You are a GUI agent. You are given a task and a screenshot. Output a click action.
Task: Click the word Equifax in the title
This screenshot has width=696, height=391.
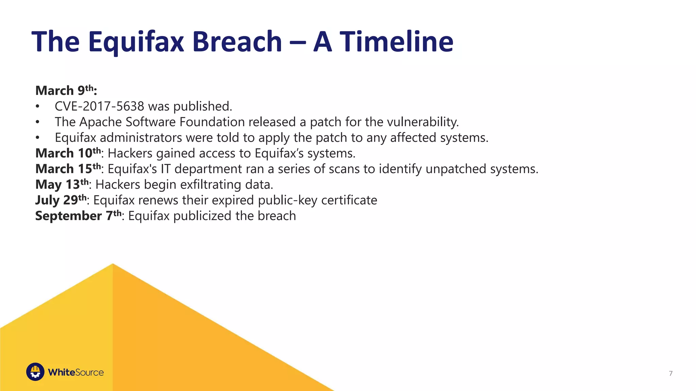[136, 42]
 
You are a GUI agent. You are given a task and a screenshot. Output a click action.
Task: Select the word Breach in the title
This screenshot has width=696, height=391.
[237, 42]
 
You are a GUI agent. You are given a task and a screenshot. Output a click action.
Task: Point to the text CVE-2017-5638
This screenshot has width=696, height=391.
[100, 107]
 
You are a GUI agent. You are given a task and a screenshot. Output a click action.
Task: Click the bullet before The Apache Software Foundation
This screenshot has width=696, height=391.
[38, 122]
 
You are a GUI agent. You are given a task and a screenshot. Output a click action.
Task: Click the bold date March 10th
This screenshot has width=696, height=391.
[68, 153]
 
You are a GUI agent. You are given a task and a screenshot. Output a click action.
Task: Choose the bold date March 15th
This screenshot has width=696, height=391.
[68, 169]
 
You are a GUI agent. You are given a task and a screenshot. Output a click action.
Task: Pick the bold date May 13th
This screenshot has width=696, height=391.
[62, 184]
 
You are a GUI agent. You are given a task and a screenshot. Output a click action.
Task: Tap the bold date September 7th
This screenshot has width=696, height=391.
[78, 216]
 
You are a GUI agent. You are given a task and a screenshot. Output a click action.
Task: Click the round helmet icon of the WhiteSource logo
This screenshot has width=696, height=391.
[35, 372]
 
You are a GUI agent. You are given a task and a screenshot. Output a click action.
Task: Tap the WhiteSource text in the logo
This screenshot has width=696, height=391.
[76, 372]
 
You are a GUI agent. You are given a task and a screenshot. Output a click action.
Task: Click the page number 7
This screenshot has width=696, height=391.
[671, 373]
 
